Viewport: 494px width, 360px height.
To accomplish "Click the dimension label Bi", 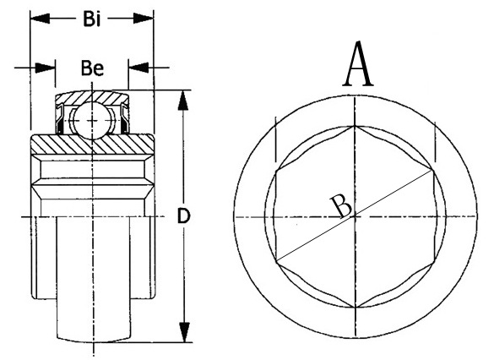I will click(93, 18).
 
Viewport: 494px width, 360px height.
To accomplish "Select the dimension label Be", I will click(92, 68).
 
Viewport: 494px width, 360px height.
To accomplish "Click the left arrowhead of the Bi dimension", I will click(35, 18).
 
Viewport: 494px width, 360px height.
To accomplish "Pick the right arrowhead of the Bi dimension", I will click(149, 18).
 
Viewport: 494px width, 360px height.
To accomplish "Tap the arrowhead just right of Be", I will click(133, 66).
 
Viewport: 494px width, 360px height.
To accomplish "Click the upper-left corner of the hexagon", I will click(278, 170).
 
